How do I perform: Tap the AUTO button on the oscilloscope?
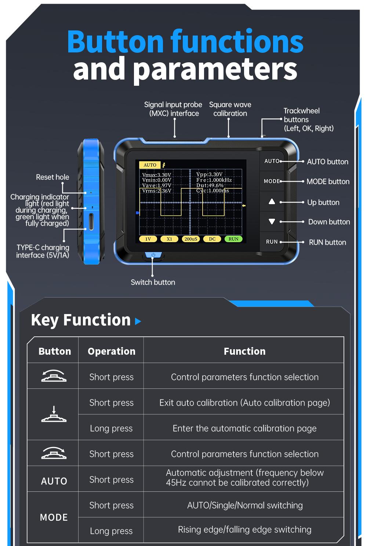pos(272,161)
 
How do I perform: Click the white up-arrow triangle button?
pos(272,202)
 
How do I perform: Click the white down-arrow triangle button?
pos(272,222)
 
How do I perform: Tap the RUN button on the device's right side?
pos(272,242)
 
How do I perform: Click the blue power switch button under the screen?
pos(153,255)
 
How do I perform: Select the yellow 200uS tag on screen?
pos(190,239)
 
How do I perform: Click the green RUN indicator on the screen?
pos(233,239)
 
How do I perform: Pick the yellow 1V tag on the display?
pos(148,239)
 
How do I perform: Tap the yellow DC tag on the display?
pos(212,239)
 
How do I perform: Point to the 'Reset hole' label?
pos(52,177)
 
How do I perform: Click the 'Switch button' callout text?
pos(153,283)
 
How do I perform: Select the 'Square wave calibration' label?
pos(230,109)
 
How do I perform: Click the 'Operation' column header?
pos(112,351)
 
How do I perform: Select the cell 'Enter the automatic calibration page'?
pos(244,428)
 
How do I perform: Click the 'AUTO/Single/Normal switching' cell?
pos(245,505)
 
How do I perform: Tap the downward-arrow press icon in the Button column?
pos(54,414)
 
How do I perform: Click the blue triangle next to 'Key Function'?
pos(138,321)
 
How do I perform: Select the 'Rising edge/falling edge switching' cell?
pos(244,530)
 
